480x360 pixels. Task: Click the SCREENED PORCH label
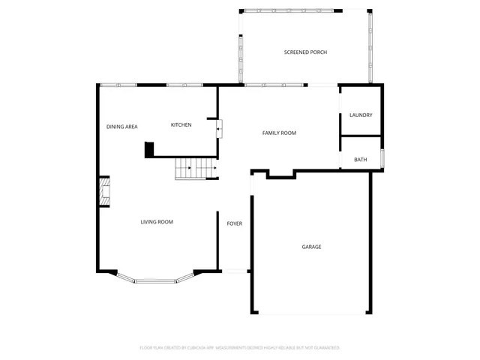click(305, 52)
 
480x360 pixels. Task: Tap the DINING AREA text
click(121, 127)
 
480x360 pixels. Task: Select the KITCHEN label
click(181, 124)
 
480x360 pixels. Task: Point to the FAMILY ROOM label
click(279, 133)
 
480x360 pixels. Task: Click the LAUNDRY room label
click(361, 115)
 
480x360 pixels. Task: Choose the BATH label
click(361, 160)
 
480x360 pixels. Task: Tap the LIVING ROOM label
click(157, 222)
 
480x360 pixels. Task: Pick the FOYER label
click(235, 223)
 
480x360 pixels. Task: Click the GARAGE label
click(311, 247)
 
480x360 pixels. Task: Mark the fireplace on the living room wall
click(104, 192)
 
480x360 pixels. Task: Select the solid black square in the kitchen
click(149, 150)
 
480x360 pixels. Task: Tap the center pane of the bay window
click(156, 281)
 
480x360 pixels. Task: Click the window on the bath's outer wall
click(382, 159)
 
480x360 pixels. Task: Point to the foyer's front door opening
click(235, 271)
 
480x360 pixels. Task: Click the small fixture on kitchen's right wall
click(219, 129)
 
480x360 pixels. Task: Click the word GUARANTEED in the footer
click(325, 348)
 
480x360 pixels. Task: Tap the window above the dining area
click(118, 85)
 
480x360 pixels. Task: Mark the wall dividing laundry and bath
click(361, 136)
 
